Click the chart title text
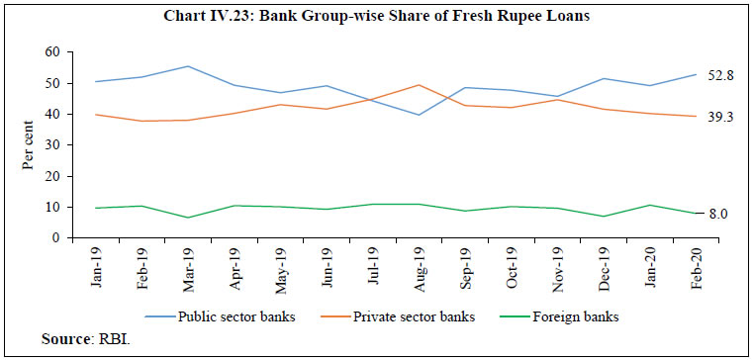coord(376,14)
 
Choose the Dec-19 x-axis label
coord(601,265)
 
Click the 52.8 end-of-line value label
coord(719,74)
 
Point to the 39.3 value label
coord(719,117)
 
